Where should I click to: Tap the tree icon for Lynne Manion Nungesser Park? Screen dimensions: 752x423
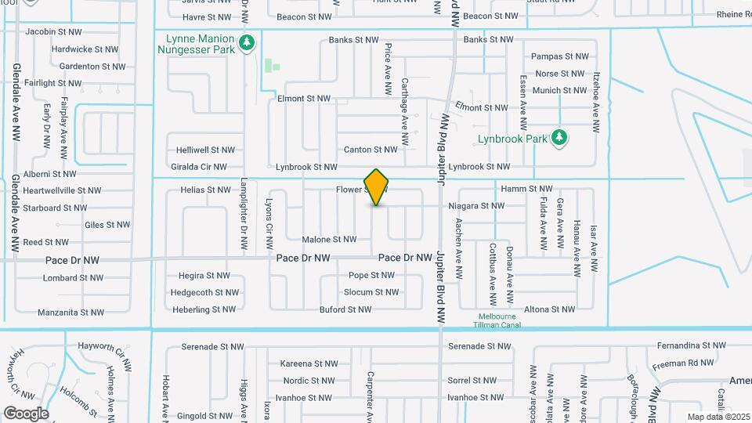click(248, 42)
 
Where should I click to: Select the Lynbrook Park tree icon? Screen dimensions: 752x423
click(559, 139)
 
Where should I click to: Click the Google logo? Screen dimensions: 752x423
click(26, 413)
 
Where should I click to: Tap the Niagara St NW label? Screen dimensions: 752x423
click(476, 206)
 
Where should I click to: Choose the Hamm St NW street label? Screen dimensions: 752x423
click(526, 189)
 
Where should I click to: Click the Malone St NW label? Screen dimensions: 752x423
click(329, 240)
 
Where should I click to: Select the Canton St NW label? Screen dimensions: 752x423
click(371, 150)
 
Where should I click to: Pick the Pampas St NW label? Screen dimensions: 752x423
click(558, 56)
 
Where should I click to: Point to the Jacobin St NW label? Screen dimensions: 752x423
click(52, 32)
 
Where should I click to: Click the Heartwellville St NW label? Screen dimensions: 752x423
click(62, 190)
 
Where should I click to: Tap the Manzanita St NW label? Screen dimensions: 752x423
click(70, 313)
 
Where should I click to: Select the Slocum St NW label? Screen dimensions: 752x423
click(371, 292)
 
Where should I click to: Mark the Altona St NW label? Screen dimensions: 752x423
click(551, 310)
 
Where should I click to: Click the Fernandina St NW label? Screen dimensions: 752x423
click(684, 345)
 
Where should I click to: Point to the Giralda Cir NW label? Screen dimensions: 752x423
click(198, 167)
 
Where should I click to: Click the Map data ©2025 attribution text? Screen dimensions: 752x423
click(718, 417)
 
